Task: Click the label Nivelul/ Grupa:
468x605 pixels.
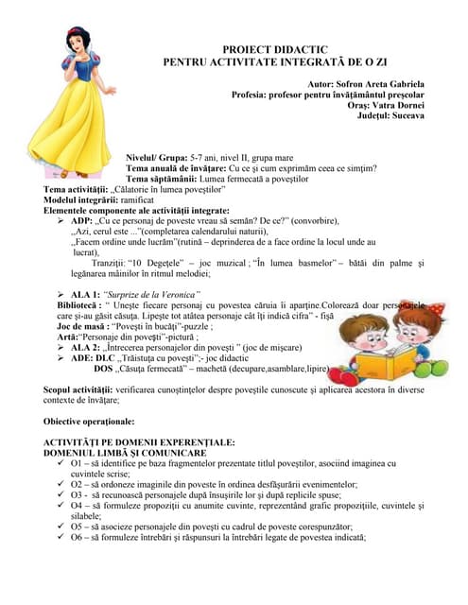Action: click(x=156, y=157)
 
